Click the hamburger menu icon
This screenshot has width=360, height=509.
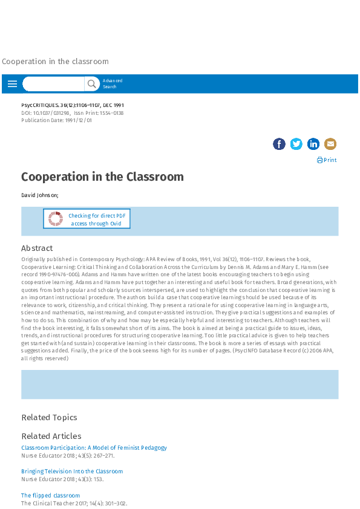(x=12, y=84)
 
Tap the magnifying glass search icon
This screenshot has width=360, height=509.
(x=92, y=84)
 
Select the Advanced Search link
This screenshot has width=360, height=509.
(x=112, y=83)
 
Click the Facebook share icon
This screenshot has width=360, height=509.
(x=279, y=144)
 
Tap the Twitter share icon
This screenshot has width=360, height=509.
(x=296, y=144)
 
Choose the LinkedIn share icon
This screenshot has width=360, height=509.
(x=313, y=144)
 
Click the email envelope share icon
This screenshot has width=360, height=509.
(x=330, y=144)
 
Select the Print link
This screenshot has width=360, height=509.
(x=327, y=160)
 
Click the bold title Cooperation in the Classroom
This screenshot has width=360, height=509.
(x=102, y=177)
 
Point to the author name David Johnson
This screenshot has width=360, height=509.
(x=39, y=195)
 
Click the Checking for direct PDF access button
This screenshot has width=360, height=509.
(x=87, y=219)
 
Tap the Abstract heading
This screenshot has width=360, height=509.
(x=37, y=248)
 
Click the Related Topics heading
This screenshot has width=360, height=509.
(x=49, y=417)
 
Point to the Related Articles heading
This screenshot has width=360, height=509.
(x=51, y=436)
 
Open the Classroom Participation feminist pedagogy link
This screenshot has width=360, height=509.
(x=94, y=448)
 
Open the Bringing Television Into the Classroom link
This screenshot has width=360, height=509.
(x=72, y=472)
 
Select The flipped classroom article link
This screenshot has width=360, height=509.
(x=50, y=496)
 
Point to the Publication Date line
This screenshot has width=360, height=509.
(x=57, y=121)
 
